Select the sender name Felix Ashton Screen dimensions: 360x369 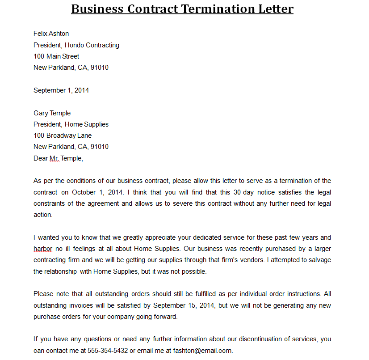51,34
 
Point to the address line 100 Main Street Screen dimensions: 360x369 56,56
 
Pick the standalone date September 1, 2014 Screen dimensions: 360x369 61,90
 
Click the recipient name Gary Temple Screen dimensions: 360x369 52,113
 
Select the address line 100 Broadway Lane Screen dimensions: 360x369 63,136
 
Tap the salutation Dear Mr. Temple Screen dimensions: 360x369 58,158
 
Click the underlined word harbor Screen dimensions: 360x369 43,249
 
